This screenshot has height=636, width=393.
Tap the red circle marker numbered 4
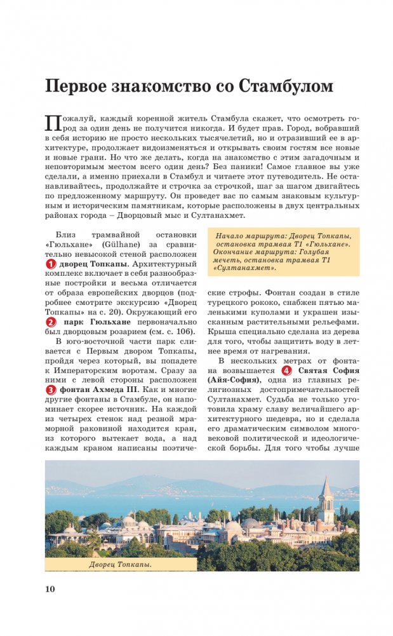tap(287, 371)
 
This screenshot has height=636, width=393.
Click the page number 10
tap(50, 589)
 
